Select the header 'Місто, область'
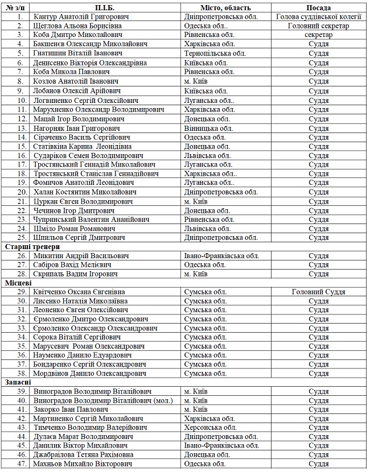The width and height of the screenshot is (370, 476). (x=225, y=8)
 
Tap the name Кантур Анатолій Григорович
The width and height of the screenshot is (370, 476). (x=81, y=17)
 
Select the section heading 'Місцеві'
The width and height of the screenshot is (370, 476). (x=18, y=283)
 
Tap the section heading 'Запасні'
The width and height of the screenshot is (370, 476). (x=19, y=382)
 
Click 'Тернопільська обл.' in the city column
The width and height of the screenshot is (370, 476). (x=212, y=53)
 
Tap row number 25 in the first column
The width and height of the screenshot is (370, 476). (x=22, y=238)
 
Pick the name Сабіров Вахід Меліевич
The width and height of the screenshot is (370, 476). (x=72, y=265)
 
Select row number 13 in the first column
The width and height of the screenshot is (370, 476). (x=22, y=129)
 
